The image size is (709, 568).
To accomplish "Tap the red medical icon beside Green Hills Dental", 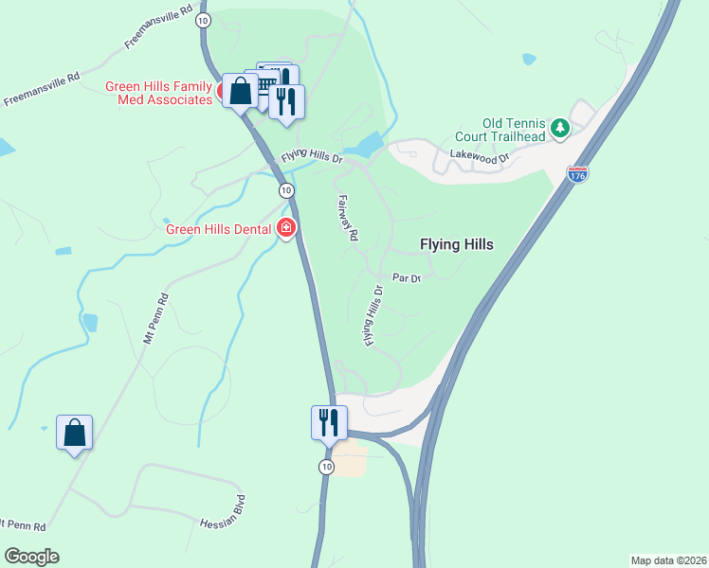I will (285, 228).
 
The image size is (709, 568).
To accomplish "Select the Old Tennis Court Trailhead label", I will (514, 130).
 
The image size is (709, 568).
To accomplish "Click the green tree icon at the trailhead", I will (560, 127).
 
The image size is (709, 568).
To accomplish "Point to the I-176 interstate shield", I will (576, 174).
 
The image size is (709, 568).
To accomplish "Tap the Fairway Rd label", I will (348, 217).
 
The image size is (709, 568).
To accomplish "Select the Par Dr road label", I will (406, 278).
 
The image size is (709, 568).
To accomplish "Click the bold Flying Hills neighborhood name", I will (456, 244).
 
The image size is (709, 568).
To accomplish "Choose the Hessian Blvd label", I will (223, 511).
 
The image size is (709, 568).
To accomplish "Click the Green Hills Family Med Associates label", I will (158, 94).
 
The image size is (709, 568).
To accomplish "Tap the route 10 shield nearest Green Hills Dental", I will (285, 190).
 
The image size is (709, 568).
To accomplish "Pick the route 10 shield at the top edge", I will (203, 19).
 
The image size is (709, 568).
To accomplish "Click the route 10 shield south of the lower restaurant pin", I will (326, 467).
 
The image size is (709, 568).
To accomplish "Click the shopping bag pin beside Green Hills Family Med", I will (240, 91).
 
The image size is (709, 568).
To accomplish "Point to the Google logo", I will (31, 557).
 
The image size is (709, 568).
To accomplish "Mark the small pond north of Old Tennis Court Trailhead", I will (528, 59).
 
